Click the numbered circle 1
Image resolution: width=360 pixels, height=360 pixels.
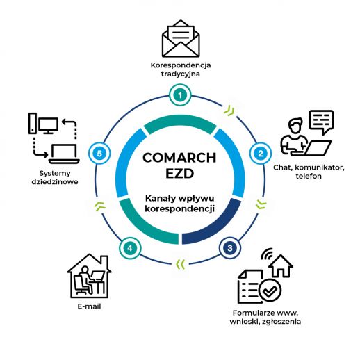180,95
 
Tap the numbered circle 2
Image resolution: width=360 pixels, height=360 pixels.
261,154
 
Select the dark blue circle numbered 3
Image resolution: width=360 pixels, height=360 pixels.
229,248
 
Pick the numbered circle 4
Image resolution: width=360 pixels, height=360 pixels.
130,248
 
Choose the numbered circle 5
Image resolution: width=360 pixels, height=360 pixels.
99,154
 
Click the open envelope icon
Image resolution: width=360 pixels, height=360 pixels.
181,39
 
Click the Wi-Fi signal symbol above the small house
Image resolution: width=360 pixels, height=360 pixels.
267,254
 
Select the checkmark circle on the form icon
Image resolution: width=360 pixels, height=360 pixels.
270,290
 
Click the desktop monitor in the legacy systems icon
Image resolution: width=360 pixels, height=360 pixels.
48,125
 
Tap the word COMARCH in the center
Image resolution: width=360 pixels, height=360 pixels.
179,158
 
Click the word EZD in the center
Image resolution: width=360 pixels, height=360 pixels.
180,173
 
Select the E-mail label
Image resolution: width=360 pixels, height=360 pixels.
89,306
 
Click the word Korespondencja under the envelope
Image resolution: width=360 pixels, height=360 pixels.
181,65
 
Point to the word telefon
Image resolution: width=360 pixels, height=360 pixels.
309,176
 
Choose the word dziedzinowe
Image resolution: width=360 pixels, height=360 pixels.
55,181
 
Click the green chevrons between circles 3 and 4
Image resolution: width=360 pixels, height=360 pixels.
181,264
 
